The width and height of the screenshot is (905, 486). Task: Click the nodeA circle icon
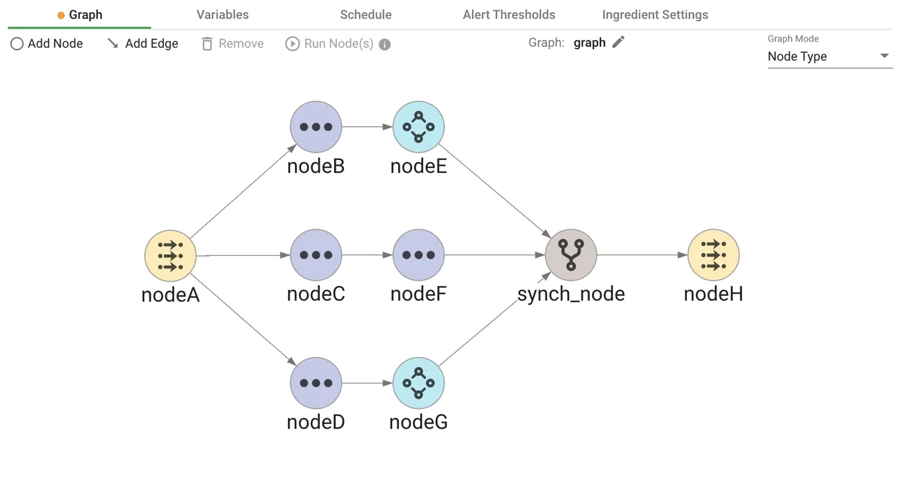[x=170, y=255]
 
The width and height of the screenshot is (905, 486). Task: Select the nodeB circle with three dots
[x=316, y=127]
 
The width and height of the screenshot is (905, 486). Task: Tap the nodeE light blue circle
[x=419, y=127]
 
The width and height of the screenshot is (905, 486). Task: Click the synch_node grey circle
[x=571, y=255]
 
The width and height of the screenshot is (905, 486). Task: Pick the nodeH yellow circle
[x=713, y=255]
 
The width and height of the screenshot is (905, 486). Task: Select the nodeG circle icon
[x=419, y=383]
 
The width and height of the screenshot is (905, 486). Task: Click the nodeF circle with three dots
[x=419, y=255]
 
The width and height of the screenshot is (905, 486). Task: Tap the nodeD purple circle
[x=316, y=383]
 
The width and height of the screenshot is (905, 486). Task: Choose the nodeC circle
[x=316, y=255]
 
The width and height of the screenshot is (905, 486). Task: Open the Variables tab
[x=222, y=15]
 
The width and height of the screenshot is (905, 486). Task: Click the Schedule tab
[x=366, y=15]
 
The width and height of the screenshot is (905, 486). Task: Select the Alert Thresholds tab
[x=509, y=15]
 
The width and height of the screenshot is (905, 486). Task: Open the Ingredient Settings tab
[x=655, y=15]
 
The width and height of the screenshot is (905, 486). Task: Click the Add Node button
[x=47, y=44]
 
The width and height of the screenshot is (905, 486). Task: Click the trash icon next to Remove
[x=207, y=44]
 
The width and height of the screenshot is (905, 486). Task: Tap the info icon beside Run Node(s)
[x=385, y=45]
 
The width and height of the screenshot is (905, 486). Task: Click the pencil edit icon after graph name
[x=618, y=43]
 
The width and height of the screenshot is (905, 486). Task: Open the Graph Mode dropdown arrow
[x=885, y=57]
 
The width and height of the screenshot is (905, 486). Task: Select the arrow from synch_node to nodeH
[x=641, y=255]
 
